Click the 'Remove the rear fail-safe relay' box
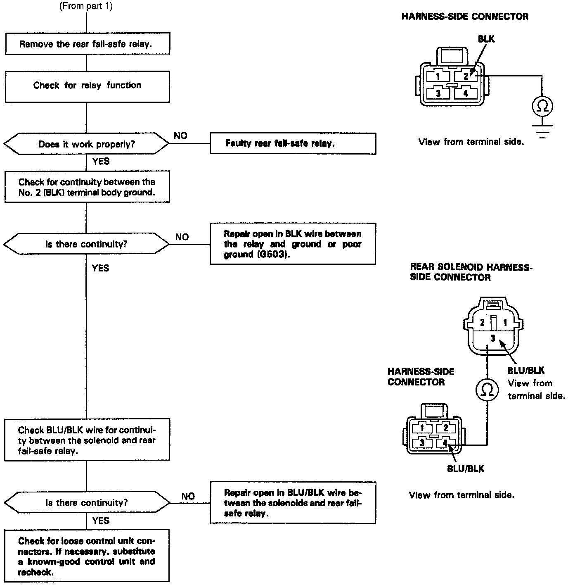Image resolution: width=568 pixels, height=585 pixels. pos(87,44)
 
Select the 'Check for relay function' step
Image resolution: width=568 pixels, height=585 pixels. pos(87,86)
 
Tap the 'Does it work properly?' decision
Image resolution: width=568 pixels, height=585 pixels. pos(87,144)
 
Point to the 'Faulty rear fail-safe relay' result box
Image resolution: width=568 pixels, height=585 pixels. pos(293,144)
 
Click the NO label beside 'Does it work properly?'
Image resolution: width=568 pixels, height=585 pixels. pos(180,136)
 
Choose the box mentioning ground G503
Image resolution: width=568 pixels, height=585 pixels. pos(293,244)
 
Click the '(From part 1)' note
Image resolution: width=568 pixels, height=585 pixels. pos(86,6)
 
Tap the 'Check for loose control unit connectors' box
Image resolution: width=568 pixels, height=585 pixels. pos(87,556)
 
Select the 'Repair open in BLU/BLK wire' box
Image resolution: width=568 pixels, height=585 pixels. pos(293,503)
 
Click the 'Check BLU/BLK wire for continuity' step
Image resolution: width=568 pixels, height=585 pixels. pos(87,440)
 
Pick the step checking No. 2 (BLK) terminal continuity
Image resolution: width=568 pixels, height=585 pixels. pos(87,187)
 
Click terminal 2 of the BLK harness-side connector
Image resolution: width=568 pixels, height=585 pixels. pos(466,76)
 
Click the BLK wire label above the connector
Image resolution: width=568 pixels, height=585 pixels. pos(486,39)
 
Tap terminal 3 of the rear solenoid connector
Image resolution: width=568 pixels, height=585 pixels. pos(492,338)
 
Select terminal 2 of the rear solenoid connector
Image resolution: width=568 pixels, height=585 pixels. pos(482,322)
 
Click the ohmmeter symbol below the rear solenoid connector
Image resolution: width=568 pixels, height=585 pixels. pos(487,390)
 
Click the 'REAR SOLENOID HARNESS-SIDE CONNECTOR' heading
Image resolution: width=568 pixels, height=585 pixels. pos(471,272)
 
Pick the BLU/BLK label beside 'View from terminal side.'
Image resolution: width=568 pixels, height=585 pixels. pos(525,370)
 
